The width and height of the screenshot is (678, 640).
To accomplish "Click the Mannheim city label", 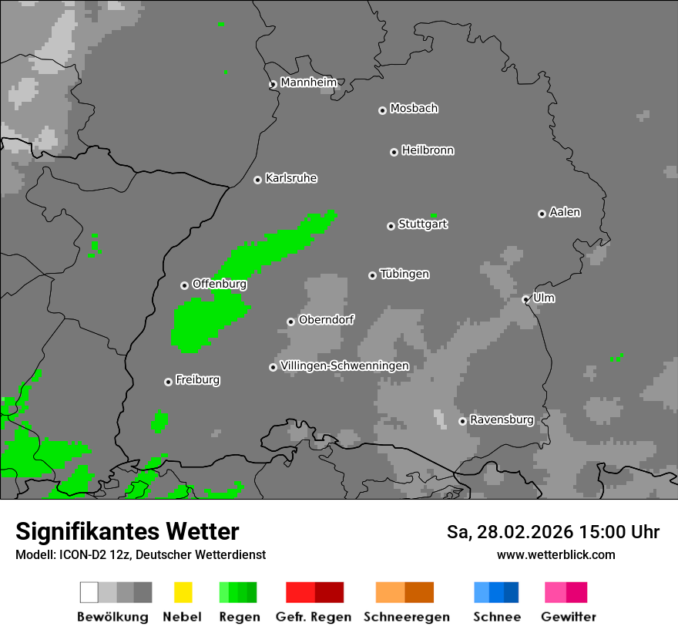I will click(x=309, y=83).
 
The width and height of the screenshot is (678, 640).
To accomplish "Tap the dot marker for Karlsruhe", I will click(x=257, y=180).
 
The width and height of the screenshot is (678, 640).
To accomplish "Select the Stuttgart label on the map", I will click(x=422, y=224).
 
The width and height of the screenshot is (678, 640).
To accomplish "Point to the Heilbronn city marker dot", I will click(x=394, y=152).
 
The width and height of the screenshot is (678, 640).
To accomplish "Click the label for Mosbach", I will click(x=414, y=109).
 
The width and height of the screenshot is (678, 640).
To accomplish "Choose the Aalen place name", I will click(x=565, y=212).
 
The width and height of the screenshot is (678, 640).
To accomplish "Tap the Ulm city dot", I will click(x=525, y=299).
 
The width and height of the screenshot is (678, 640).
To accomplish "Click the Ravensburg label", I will click(x=502, y=420).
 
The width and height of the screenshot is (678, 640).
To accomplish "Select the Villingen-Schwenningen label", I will click(x=344, y=365).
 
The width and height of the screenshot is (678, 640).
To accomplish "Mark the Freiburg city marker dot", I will click(x=168, y=382).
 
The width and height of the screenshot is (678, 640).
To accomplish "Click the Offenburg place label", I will click(x=219, y=284).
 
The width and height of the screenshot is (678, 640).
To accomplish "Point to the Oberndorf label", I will click(x=326, y=320).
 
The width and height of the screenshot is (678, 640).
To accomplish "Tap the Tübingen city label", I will click(x=404, y=274).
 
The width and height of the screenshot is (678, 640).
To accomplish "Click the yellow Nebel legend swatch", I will click(x=183, y=592).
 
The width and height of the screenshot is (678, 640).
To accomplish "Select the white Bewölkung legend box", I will click(x=89, y=592).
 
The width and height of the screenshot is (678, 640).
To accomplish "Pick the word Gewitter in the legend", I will click(x=568, y=617).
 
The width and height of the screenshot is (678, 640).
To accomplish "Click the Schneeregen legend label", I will click(x=406, y=617).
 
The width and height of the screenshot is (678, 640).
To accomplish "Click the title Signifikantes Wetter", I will click(x=127, y=531).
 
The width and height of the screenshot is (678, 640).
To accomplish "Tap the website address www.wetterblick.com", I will click(x=555, y=554).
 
